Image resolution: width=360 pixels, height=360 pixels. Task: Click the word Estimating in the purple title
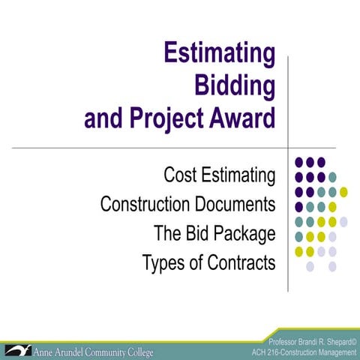coord(218,55)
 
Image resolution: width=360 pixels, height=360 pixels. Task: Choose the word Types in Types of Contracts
coord(163,263)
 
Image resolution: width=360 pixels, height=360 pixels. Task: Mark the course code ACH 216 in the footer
coord(270,352)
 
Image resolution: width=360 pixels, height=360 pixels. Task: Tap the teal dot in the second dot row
coord(332,176)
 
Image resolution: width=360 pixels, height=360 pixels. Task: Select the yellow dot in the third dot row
coord(343,191)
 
